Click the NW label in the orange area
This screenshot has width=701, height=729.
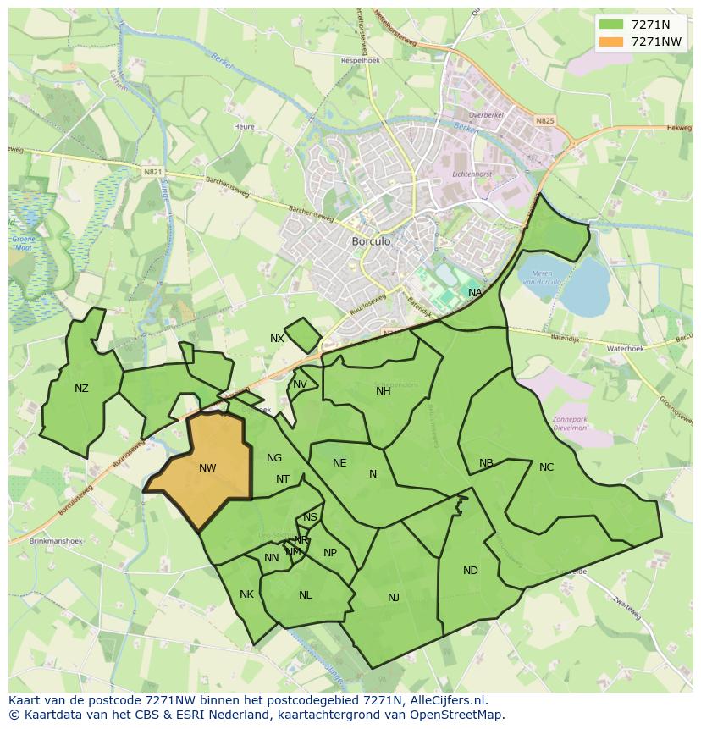coord(207,468)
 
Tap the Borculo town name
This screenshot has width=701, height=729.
coord(371,241)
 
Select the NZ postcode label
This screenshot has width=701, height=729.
coord(81,389)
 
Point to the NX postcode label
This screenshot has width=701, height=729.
coord(277,339)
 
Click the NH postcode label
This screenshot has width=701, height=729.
coord(384,390)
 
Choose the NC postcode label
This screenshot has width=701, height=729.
coord(546,467)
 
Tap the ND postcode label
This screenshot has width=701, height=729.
coord(471,571)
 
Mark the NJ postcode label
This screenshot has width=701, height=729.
coord(394,598)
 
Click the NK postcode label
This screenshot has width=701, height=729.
coord(246,594)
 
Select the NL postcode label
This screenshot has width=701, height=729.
coord(306,595)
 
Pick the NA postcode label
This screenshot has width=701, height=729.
coord(475,293)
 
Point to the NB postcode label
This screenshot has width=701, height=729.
coord(486,463)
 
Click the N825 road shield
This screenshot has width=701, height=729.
coord(544,121)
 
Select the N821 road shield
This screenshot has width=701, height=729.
coord(152,172)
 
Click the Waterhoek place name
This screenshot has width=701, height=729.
coord(625,349)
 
